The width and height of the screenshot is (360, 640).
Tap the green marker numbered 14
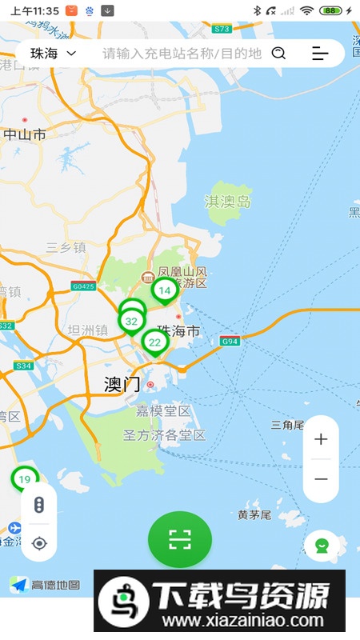point(165,290)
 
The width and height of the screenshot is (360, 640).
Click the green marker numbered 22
point(154,342)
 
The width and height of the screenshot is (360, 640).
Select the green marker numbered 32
point(132,321)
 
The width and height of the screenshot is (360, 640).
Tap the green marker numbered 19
point(24,479)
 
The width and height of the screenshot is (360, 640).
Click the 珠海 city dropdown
point(53,54)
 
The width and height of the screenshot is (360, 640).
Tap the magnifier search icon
point(278,54)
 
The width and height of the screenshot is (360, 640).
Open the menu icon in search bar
point(320,54)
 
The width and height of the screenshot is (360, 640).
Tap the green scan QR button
point(180,540)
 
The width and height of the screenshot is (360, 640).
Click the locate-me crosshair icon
point(39,544)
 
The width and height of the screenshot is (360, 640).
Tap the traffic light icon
point(39,505)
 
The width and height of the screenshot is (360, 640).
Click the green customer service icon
point(322,546)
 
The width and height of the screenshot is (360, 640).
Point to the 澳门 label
point(122,384)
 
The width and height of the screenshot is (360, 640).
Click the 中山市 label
point(25,134)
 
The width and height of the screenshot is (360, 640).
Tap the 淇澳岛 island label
point(228,202)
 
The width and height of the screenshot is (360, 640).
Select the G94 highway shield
point(230,342)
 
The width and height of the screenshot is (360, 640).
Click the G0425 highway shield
point(83,286)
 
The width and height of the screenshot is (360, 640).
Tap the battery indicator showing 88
point(330,10)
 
